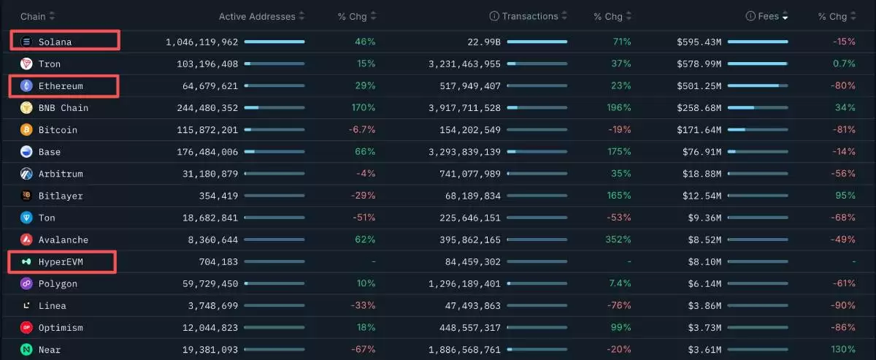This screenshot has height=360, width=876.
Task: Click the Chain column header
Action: tap(33, 16)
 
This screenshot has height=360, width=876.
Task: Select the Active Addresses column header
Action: tap(257, 16)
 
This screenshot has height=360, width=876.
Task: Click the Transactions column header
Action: tap(529, 16)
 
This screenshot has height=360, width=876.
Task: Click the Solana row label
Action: tap(55, 42)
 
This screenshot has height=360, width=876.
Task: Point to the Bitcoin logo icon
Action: tap(26, 130)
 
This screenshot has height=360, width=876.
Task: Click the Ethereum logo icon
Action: tap(26, 86)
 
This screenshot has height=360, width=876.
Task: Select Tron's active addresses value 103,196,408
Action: tap(208, 64)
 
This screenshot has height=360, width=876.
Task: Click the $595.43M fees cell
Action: tap(699, 42)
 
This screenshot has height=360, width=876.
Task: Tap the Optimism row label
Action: tap(61, 328)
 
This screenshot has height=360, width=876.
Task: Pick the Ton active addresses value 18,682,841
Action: tap(208, 218)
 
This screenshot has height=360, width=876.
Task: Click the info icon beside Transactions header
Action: tap(494, 16)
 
